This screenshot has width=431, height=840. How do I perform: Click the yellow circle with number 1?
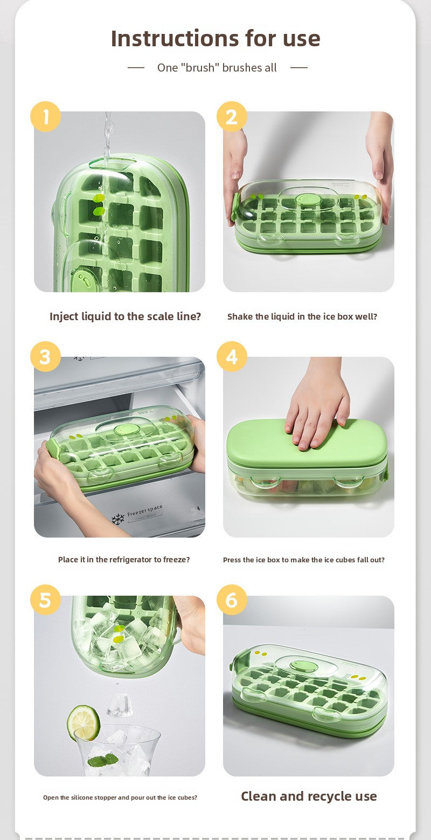click(45, 116)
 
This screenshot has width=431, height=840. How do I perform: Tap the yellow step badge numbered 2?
click(232, 116)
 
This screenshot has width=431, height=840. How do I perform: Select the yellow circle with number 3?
click(45, 356)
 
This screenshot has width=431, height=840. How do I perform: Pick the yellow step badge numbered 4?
click(232, 356)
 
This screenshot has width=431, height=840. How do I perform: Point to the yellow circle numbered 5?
click(45, 599)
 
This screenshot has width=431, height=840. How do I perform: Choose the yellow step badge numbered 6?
click(232, 599)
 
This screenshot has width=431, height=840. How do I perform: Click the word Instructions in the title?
click(175, 38)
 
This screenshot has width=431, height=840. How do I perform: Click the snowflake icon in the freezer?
click(118, 519)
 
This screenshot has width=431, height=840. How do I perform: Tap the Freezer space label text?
click(145, 510)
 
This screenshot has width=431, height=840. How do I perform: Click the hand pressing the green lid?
click(317, 407)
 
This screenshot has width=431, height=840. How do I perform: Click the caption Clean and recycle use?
click(309, 796)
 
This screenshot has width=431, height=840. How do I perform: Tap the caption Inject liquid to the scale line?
click(125, 316)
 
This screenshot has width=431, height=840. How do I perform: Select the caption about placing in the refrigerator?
click(124, 560)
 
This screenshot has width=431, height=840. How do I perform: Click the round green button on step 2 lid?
click(307, 199)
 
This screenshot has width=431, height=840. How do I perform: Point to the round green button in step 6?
click(304, 667)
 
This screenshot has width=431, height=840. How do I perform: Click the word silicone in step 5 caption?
click(82, 797)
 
